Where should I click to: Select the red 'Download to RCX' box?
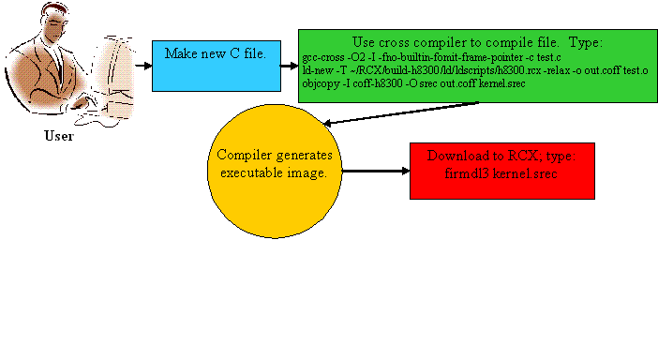click(502, 171)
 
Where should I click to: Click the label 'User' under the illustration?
click(59, 136)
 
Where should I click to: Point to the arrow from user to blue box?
click(142, 65)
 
